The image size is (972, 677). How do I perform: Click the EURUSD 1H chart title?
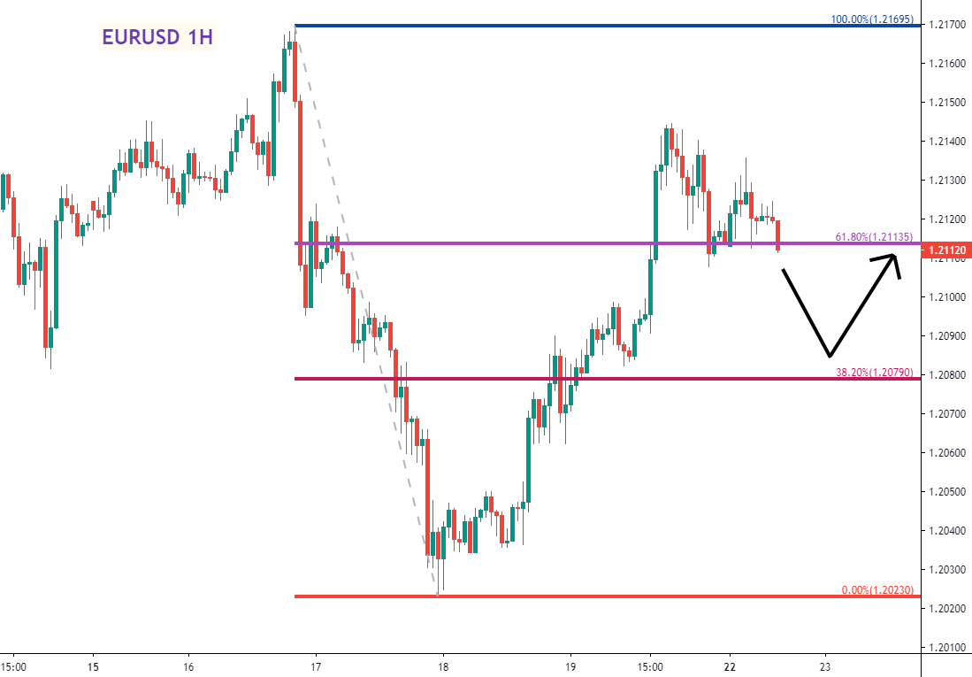pyautogui.click(x=157, y=37)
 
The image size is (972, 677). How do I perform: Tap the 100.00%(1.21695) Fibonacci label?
pyautogui.click(x=873, y=19)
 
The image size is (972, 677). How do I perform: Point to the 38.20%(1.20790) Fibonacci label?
pyautogui.click(x=875, y=373)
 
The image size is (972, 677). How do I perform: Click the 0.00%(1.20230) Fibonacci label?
pyautogui.click(x=876, y=589)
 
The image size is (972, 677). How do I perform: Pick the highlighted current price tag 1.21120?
pyautogui.click(x=946, y=251)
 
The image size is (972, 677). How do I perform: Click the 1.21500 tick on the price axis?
pyautogui.click(x=946, y=103)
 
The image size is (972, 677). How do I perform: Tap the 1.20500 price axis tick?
pyautogui.click(x=946, y=491)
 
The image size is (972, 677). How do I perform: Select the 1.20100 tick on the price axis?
pyautogui.click(x=946, y=647)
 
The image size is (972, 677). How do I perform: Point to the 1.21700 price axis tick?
pyautogui.click(x=946, y=25)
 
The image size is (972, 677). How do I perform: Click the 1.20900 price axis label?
pyautogui.click(x=946, y=336)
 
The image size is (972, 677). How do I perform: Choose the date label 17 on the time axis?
pyautogui.click(x=316, y=666)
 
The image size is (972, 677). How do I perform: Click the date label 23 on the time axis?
pyautogui.click(x=825, y=666)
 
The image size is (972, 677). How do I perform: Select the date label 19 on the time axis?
pyautogui.click(x=570, y=666)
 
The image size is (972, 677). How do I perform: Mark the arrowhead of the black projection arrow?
pyautogui.click(x=894, y=257)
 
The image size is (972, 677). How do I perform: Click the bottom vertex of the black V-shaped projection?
pyautogui.click(x=829, y=357)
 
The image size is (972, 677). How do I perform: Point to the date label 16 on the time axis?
pyautogui.click(x=188, y=666)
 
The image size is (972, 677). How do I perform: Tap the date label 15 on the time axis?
pyautogui.click(x=93, y=666)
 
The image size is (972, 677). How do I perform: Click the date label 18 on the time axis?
pyautogui.click(x=443, y=666)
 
